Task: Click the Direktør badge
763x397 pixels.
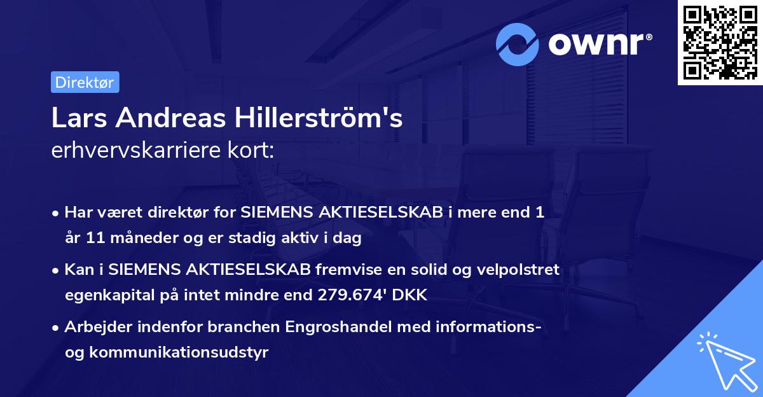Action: click(x=85, y=82)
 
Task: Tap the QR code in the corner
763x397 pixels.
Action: click(x=720, y=42)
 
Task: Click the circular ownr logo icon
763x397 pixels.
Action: click(x=518, y=44)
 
